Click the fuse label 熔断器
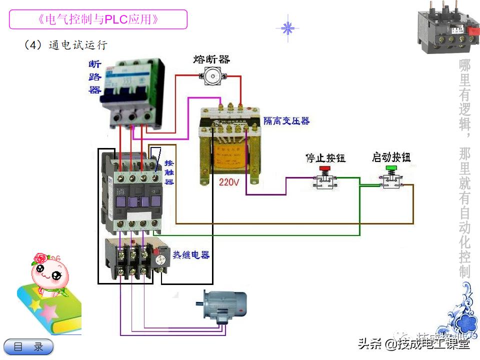[211, 59]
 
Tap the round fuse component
[212, 76]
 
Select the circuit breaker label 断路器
[95, 77]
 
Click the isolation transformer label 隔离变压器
[286, 121]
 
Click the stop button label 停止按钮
[325, 158]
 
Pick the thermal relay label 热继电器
[191, 255]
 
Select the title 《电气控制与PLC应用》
[98, 19]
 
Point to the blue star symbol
[287, 28]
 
